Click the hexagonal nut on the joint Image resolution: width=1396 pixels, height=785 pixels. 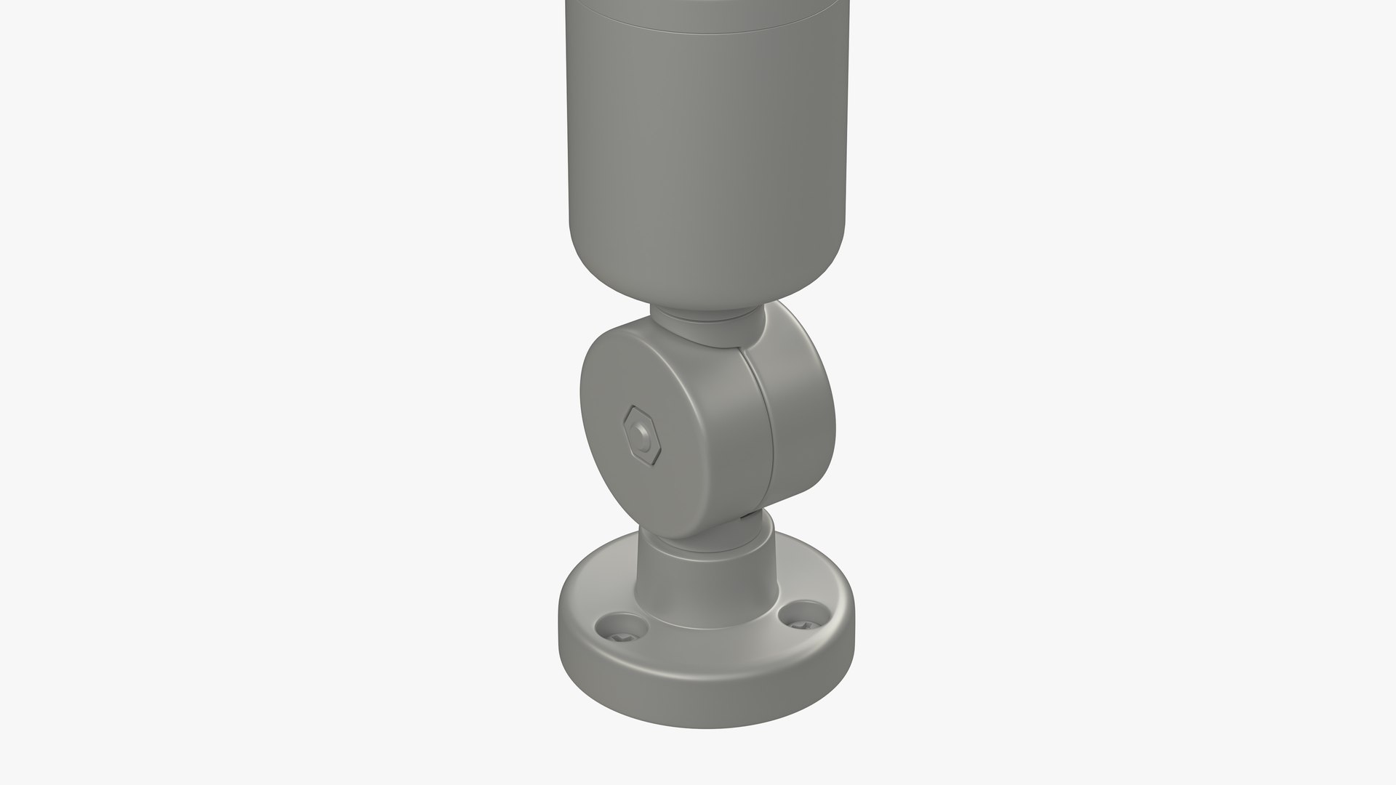point(642,435)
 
